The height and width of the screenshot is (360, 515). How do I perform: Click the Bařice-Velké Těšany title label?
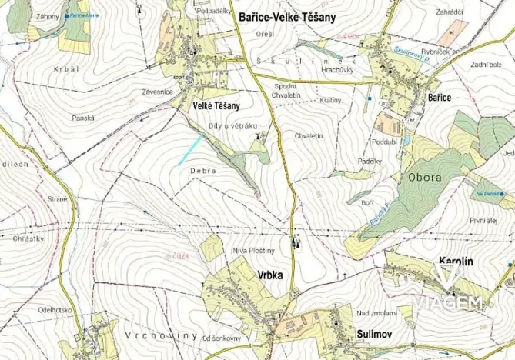tap(288, 17)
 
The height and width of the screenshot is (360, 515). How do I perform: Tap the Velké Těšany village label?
tap(216, 105)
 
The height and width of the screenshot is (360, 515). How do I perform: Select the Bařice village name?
tap(437, 98)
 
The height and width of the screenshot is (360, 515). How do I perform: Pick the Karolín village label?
tap(454, 262)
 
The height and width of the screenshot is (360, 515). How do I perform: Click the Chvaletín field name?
tap(308, 136)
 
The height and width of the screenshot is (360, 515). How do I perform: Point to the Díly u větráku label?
tap(232, 125)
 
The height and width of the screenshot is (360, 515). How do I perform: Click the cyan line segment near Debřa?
tap(191, 149)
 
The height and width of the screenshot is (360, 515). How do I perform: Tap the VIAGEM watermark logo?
tap(449, 294)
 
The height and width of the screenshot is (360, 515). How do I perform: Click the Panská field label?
tap(82, 118)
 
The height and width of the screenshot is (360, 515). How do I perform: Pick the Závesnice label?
tap(156, 92)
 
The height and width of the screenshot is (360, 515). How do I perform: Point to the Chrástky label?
tap(28, 238)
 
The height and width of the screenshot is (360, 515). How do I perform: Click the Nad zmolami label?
tap(377, 313)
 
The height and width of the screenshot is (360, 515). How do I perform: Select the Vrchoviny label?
tap(159, 337)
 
